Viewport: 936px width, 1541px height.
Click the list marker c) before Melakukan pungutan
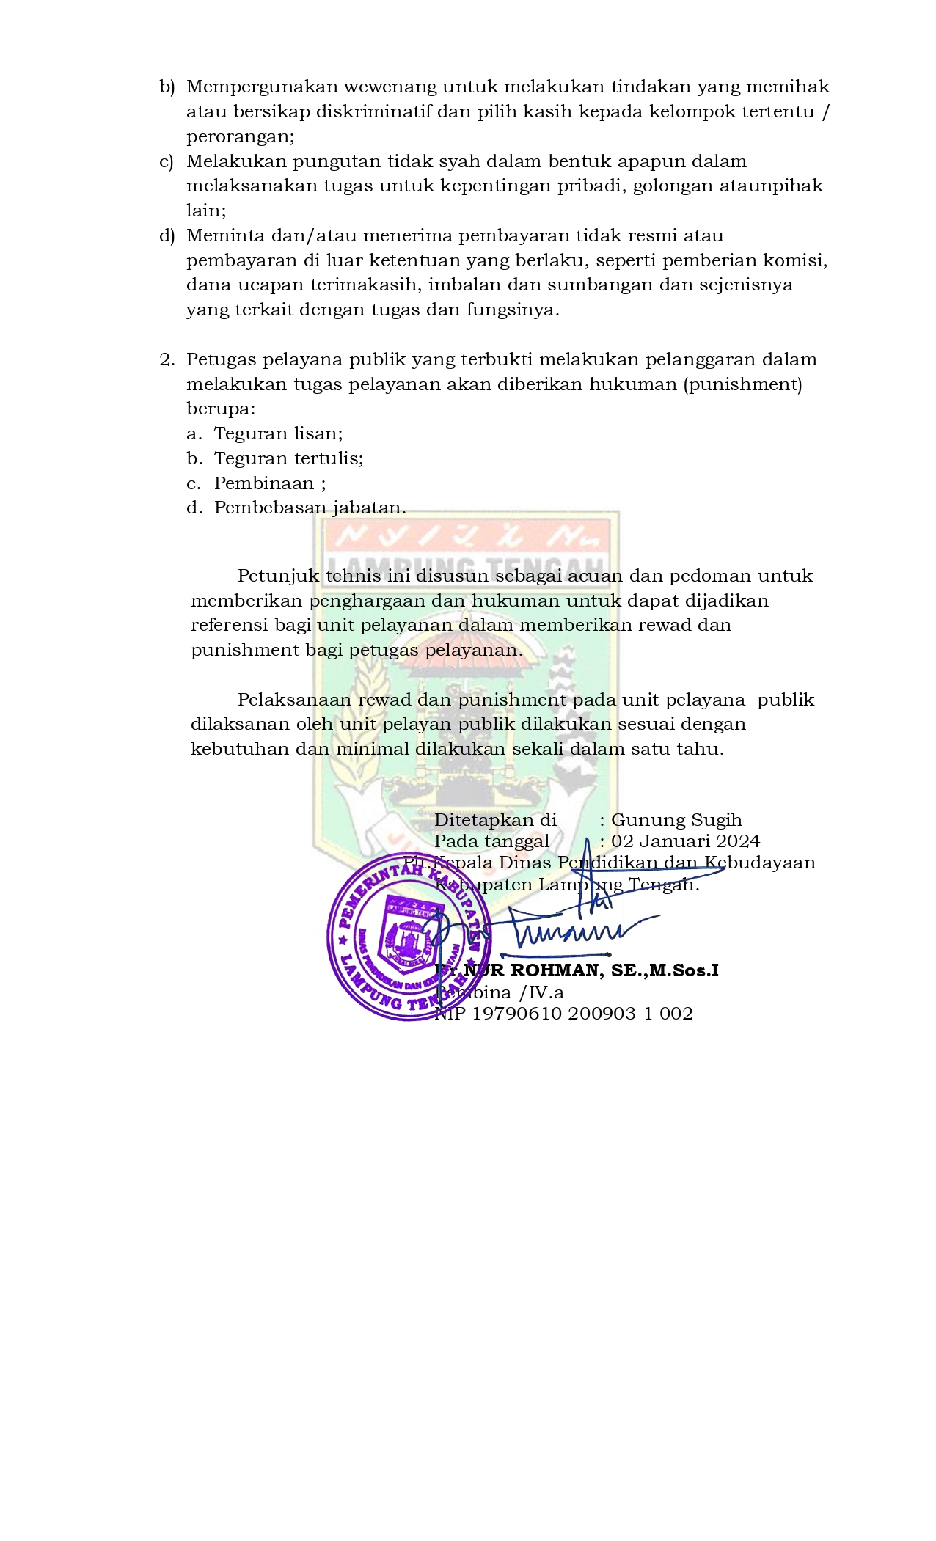click(167, 161)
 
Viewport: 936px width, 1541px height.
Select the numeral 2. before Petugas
click(167, 359)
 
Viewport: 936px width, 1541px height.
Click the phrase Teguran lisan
click(278, 433)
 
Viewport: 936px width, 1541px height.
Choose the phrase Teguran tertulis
click(288, 458)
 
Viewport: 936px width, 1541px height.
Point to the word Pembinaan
click(264, 483)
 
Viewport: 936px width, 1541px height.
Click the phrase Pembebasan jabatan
click(310, 508)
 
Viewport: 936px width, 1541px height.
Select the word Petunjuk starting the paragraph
click(278, 576)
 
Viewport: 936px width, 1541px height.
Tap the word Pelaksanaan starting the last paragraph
click(294, 700)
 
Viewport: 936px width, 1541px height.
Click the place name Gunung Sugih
click(676, 820)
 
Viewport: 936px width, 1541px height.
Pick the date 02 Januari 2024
click(686, 841)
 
